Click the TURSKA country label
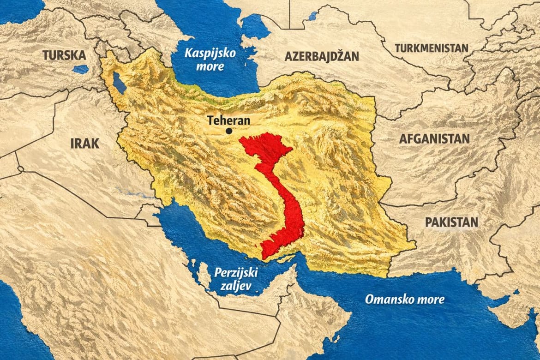[64, 55]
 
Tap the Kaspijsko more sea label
[210, 59]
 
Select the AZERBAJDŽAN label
[322, 57]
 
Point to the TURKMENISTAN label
[431, 48]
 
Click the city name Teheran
[228, 120]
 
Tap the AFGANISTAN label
[434, 138]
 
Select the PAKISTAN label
[451, 222]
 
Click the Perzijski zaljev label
[235, 279]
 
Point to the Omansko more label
[405, 299]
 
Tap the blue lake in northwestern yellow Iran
[119, 83]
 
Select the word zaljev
[235, 286]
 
